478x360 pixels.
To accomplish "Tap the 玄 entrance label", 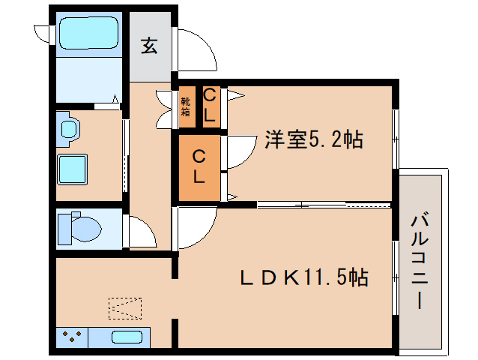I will coord(149,46).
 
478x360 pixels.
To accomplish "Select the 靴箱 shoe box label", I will coord(185,106).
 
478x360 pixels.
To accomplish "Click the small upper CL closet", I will coord(211,105).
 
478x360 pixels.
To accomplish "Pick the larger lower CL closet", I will coord(199,166).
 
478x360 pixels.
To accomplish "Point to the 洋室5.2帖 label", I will coord(313,139).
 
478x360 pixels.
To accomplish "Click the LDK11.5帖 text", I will coord(303,277).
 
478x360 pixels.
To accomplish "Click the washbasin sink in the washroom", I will coord(69,128).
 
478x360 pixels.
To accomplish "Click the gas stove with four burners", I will coord(73,337).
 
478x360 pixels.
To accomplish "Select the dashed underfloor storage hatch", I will coord(124,309).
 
